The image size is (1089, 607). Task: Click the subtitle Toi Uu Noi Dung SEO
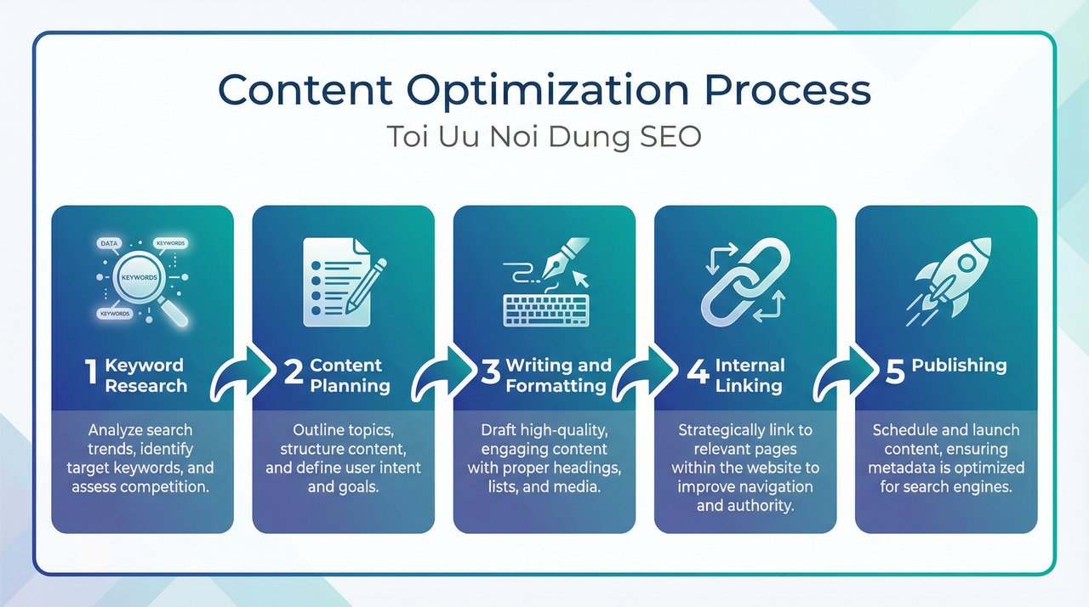click(544, 137)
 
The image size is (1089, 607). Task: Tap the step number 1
click(92, 375)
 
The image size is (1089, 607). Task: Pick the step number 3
click(490, 375)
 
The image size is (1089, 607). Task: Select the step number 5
click(895, 374)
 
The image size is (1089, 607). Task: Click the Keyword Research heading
click(145, 375)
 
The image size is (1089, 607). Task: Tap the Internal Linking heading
click(749, 375)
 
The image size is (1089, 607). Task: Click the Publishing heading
click(959, 366)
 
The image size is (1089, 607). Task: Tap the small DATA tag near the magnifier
click(110, 243)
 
